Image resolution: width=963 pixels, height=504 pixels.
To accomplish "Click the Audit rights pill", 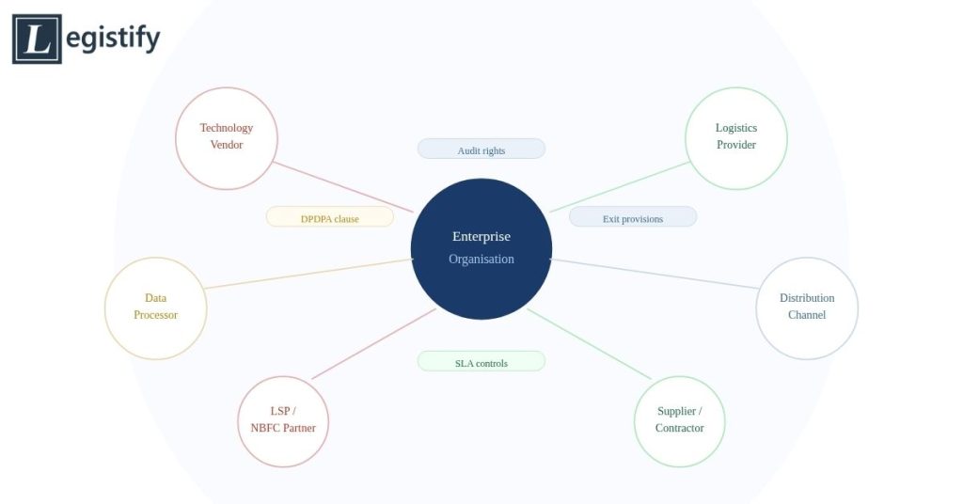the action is coord(481,150).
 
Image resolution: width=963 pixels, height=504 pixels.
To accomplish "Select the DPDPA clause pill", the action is coord(330,217).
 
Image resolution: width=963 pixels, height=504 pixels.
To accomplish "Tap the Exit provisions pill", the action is coord(633,217).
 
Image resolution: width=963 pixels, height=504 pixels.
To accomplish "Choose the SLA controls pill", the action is coord(481,362).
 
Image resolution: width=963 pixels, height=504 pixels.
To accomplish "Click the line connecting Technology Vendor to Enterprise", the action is coord(343,187).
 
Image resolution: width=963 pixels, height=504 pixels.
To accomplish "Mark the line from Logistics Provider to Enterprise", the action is coord(620,187).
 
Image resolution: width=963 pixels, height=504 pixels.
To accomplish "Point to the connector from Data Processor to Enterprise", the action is coord(308,274).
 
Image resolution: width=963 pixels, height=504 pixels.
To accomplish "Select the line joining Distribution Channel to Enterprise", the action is coord(655,274).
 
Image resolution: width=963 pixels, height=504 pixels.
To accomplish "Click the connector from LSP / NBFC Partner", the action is coord(374,344).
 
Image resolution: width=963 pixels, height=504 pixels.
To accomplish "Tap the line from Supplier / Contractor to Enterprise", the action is coord(589,344).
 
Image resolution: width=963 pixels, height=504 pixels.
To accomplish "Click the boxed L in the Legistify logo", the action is coord(37,39).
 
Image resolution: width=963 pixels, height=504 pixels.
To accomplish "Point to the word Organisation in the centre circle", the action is coord(481,260).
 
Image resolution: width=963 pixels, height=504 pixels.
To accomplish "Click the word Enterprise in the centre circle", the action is coord(481,236).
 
